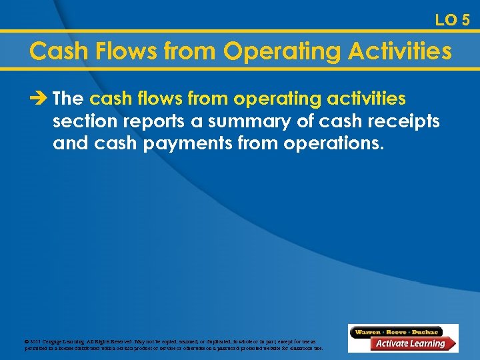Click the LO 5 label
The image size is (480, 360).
coord(452,20)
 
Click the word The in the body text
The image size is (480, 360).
coord(68,99)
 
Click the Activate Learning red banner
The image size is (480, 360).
coord(411,344)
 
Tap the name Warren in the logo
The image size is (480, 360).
coord(369,331)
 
